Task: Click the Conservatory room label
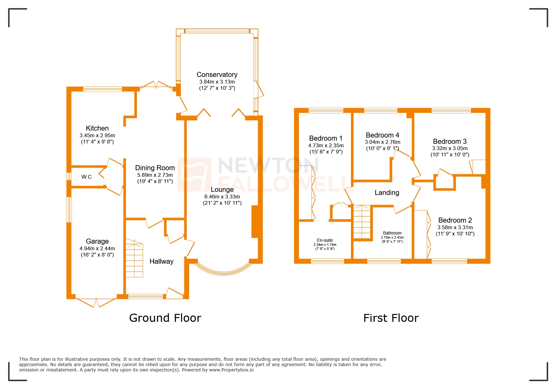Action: click(x=217, y=75)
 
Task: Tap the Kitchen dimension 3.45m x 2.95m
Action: click(x=97, y=136)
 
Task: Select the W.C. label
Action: click(x=87, y=177)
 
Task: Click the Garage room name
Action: click(x=97, y=241)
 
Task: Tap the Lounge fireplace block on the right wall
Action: click(x=255, y=221)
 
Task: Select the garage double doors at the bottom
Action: click(x=96, y=302)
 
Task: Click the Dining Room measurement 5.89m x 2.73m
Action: click(x=155, y=175)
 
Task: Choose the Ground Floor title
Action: click(x=165, y=318)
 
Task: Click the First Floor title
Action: click(x=391, y=318)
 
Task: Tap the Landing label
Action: click(x=387, y=193)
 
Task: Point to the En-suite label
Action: click(x=325, y=240)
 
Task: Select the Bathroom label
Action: click(x=392, y=233)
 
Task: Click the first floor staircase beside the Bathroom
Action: click(x=362, y=222)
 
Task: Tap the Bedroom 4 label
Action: click(x=382, y=135)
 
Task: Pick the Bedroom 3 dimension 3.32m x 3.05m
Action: click(x=450, y=148)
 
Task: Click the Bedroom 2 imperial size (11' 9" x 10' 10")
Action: click(x=455, y=234)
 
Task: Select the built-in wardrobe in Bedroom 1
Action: click(x=306, y=192)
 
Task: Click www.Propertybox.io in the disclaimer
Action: click(x=231, y=370)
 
